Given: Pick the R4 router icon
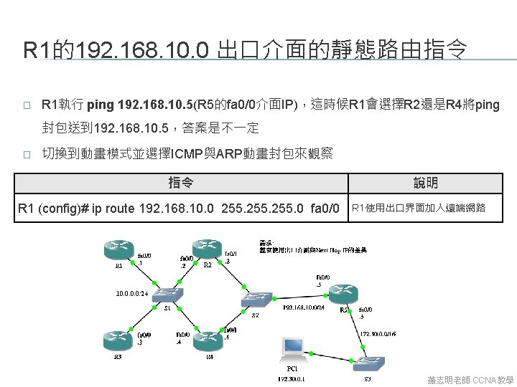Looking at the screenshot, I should pyautogui.click(x=209, y=340).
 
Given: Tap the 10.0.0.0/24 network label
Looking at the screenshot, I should pyautogui.click(x=132, y=292).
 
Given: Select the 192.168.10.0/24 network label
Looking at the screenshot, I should pyautogui.click(x=304, y=307).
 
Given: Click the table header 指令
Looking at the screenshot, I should pyautogui.click(x=180, y=183).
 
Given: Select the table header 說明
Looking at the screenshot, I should pyautogui.click(x=426, y=183).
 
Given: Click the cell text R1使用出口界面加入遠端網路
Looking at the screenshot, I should pyautogui.click(x=419, y=209).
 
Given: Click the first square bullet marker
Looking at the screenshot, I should pyautogui.click(x=27, y=105).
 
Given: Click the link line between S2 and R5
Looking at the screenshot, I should pyautogui.click(x=299, y=295).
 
